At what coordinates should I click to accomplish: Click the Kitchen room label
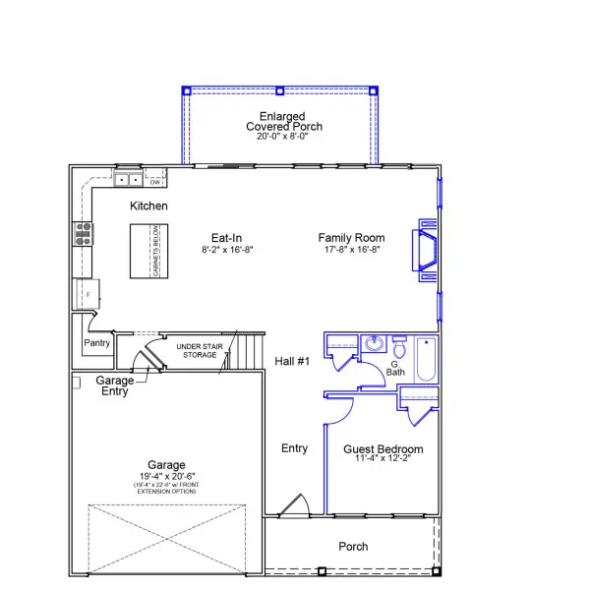pos(148,206)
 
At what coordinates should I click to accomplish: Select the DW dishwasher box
pos(154,181)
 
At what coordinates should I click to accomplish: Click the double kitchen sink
pos(128,180)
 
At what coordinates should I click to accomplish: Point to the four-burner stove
pos(84,233)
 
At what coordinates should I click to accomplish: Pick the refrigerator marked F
pos(86,294)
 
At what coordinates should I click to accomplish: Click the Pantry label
pos(96,343)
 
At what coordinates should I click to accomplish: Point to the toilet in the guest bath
pos(398,348)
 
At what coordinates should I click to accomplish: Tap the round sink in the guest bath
pos(374,344)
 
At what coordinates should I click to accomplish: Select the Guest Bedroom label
pos(383,449)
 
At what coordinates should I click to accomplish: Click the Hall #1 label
pos(292,362)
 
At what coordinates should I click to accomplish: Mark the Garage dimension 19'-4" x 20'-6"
pos(167,476)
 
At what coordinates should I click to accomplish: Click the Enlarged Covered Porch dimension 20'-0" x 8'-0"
pos(277,137)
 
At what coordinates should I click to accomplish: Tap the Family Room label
pos(351,238)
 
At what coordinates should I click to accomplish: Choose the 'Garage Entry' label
pos(115,385)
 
